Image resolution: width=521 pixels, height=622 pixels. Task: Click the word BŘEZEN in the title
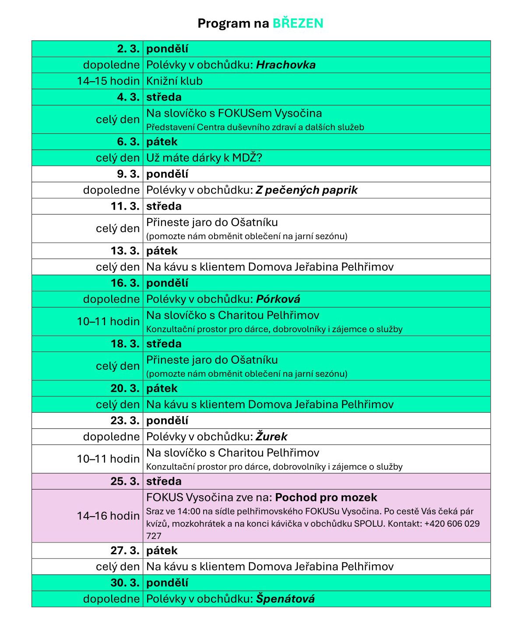[x=298, y=23]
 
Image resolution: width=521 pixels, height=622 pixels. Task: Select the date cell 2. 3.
[x=128, y=49]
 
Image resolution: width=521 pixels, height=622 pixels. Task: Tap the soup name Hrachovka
[x=285, y=65]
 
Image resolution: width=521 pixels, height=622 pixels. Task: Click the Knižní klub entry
[x=174, y=81]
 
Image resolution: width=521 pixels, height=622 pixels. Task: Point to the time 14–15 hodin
[x=108, y=81]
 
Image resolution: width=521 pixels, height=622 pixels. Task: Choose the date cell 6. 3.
[x=128, y=142]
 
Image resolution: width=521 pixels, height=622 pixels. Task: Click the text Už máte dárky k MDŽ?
[x=204, y=158]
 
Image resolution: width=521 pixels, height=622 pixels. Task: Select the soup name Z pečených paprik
[x=306, y=190]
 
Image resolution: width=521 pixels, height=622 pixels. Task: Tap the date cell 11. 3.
[x=125, y=206]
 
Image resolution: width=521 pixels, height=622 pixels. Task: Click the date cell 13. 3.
[x=125, y=251]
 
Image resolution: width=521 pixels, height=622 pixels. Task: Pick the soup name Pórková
[x=278, y=299]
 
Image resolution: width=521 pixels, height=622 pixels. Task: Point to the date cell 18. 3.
[x=125, y=344]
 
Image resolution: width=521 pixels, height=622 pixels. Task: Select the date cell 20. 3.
[x=125, y=388]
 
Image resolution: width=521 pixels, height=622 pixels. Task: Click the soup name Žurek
[x=271, y=437]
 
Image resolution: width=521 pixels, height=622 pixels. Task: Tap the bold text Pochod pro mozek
[x=326, y=497]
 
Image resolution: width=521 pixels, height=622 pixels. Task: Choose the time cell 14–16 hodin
[x=108, y=516]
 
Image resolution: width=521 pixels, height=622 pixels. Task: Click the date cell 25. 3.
[x=125, y=481]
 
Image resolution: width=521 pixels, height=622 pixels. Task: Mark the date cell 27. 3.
[x=125, y=550]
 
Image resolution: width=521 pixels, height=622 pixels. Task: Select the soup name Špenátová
[x=285, y=599]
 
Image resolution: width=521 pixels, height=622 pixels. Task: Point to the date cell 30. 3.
[x=125, y=583]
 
